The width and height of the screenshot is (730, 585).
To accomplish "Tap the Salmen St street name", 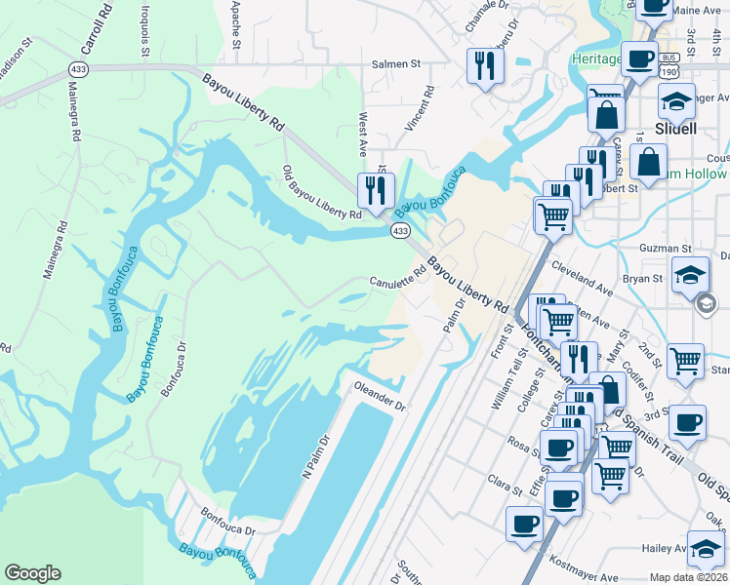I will pos(395,64).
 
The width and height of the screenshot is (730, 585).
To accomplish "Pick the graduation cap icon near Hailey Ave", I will pos(705,548).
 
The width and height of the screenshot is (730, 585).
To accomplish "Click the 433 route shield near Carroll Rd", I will pos(78,69).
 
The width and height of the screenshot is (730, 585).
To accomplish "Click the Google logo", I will pos(33,573).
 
